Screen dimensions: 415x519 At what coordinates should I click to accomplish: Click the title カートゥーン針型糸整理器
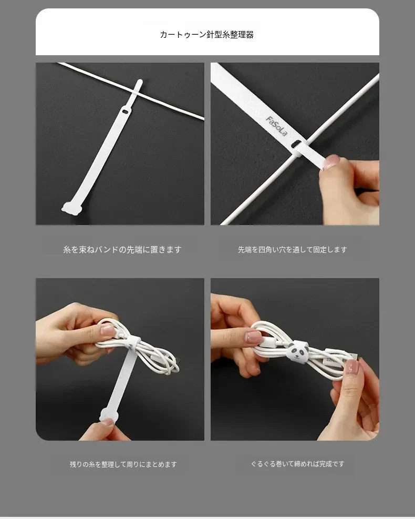pos(206,35)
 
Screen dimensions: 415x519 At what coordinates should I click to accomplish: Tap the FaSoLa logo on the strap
pos(276,126)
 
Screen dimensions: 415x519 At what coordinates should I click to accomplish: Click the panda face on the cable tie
pos(298,352)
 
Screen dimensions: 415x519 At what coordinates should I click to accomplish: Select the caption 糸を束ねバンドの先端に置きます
pos(122,250)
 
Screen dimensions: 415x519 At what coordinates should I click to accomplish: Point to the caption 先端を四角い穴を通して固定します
pos(292,250)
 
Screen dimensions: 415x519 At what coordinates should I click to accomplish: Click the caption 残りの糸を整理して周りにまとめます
pos(123,464)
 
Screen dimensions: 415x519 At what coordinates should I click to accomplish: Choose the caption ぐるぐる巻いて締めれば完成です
pos(298,464)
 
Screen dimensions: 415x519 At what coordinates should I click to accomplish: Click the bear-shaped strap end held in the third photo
pos(108,414)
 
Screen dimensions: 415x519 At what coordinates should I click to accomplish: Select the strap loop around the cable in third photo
pos(133,344)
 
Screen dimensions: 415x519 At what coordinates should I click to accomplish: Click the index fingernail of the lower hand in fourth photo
pos(352,367)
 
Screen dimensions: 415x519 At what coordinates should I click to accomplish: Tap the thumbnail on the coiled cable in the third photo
pos(108,330)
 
